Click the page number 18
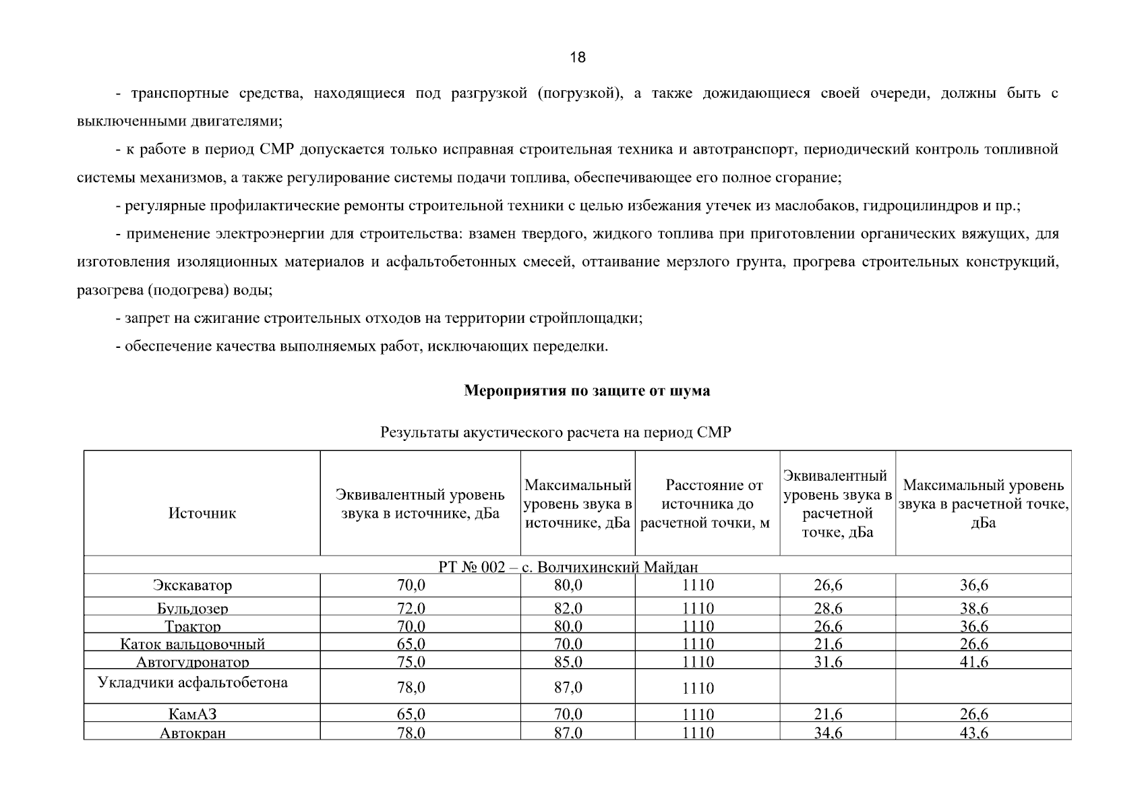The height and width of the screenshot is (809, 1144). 578,57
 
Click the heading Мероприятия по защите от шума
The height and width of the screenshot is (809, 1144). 586,391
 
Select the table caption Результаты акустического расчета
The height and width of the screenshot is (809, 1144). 555,432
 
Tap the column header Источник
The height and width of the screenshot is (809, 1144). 202,513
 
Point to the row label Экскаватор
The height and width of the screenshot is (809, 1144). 192,585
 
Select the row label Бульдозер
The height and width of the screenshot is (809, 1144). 193,608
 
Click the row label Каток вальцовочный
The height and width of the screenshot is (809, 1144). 193,644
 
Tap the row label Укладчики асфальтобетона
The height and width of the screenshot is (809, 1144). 193,682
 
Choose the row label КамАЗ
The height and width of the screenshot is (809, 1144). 193,714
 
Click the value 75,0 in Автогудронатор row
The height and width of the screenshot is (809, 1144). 411,662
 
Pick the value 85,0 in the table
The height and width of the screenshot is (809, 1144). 568,662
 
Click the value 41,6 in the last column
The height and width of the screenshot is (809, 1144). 974,662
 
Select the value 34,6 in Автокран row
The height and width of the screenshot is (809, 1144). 828,733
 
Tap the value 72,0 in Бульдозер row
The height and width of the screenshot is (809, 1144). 411,608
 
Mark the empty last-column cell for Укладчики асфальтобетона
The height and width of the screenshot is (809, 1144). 983,686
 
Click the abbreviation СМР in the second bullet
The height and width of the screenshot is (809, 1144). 276,150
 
